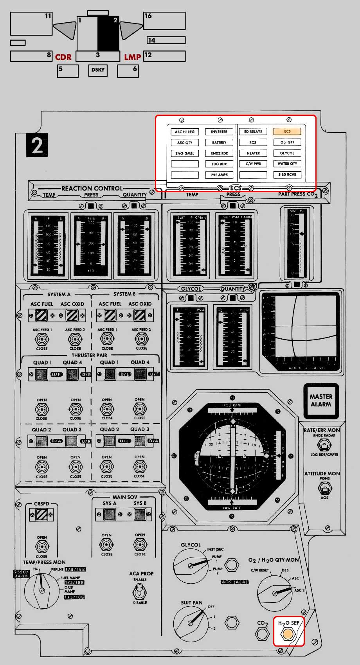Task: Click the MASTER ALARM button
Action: tap(321, 401)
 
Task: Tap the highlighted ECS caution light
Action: tap(287, 131)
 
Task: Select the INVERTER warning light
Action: tap(219, 132)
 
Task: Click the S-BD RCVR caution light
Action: tap(287, 174)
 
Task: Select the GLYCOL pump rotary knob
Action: tap(191, 566)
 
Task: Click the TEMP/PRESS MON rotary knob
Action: tap(42, 590)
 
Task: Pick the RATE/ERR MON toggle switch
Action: tap(324, 445)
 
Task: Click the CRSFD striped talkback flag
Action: tap(41, 515)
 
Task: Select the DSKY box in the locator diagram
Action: tap(98, 70)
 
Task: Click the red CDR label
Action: tap(63, 57)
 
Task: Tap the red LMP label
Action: tap(132, 57)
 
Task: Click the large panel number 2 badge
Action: tap(37, 145)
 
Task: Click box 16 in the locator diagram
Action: tap(164, 21)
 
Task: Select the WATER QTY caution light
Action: tap(287, 164)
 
